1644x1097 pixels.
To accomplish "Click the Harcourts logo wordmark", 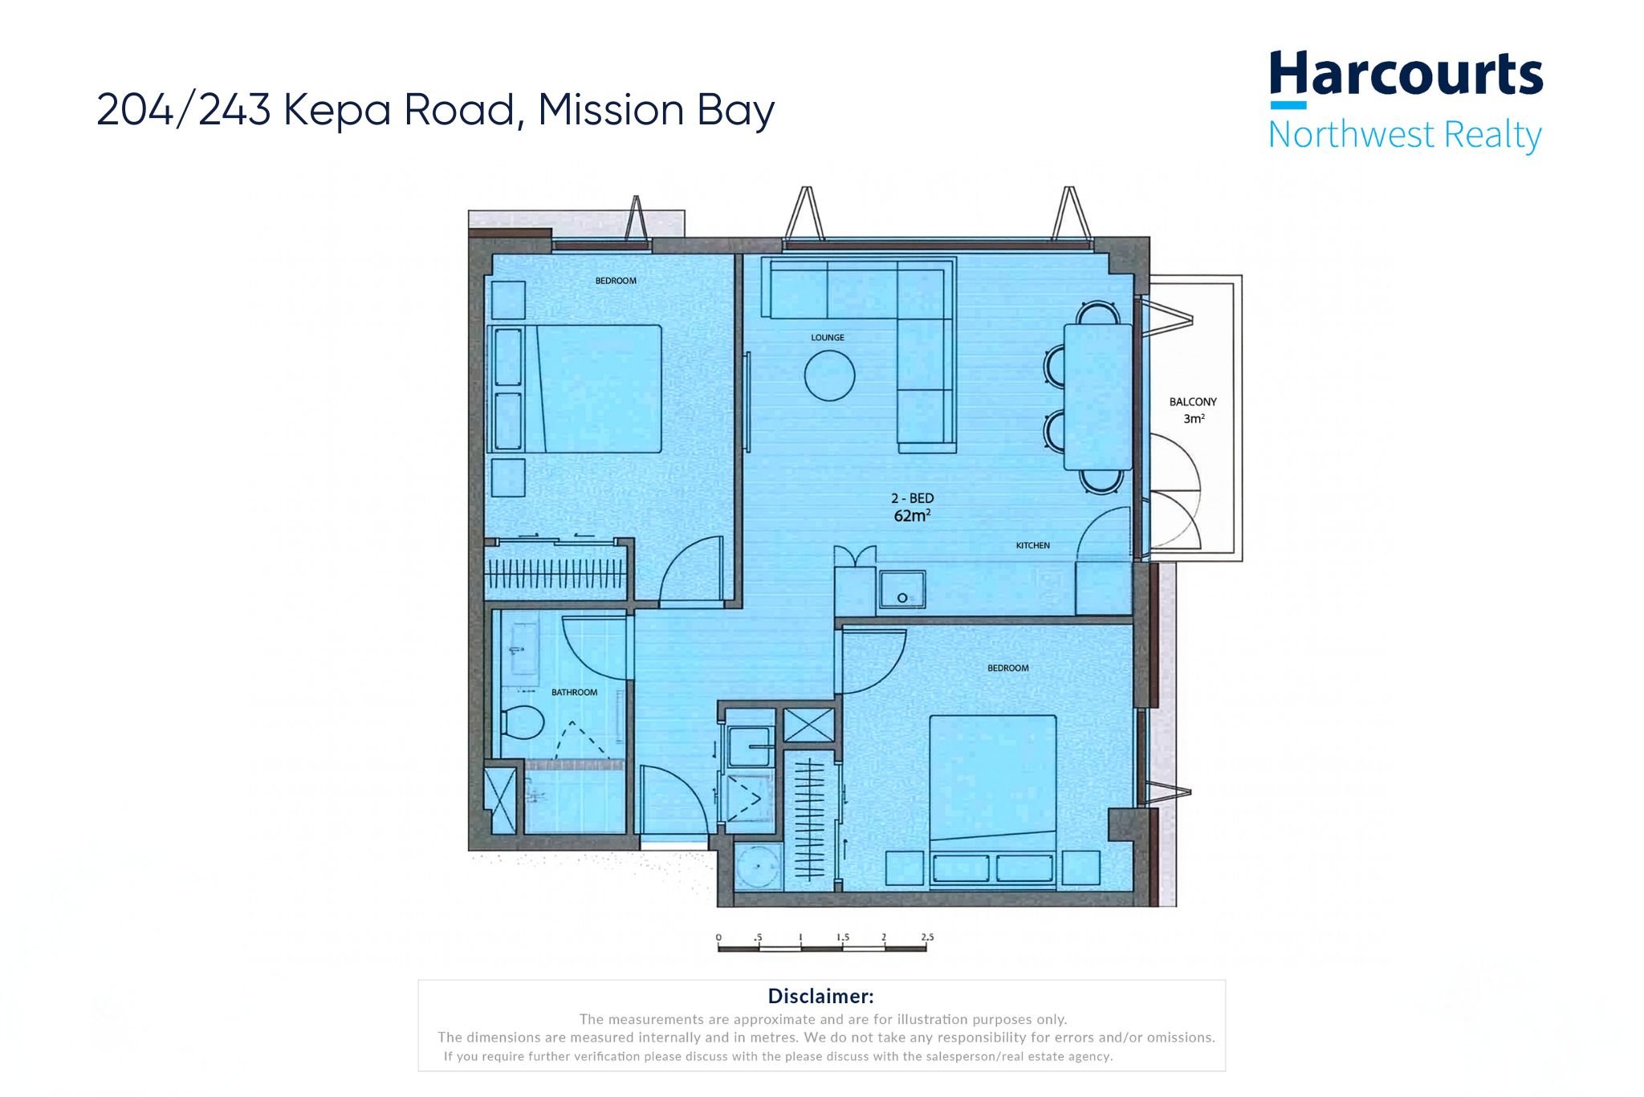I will click(x=1405, y=76).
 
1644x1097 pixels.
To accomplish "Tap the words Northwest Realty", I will click(x=1405, y=135).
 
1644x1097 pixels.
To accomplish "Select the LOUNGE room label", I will click(x=827, y=338).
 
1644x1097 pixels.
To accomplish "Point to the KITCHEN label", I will click(x=1032, y=546).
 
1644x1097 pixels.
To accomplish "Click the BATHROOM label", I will click(x=574, y=693).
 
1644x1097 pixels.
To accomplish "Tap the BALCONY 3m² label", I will click(x=1193, y=409).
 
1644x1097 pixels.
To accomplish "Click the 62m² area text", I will click(x=912, y=516).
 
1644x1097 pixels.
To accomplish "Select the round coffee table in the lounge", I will click(x=829, y=375).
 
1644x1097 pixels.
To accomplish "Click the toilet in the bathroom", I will click(x=521, y=722).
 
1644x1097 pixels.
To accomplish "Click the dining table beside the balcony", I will click(x=1097, y=396).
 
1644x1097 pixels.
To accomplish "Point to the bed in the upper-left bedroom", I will click(x=594, y=388).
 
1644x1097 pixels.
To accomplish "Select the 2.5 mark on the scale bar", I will click(x=927, y=937).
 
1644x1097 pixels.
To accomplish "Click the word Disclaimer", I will click(x=820, y=996).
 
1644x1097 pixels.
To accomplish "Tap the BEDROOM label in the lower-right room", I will click(x=1007, y=668).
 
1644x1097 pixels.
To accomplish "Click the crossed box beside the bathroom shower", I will click(x=501, y=800).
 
